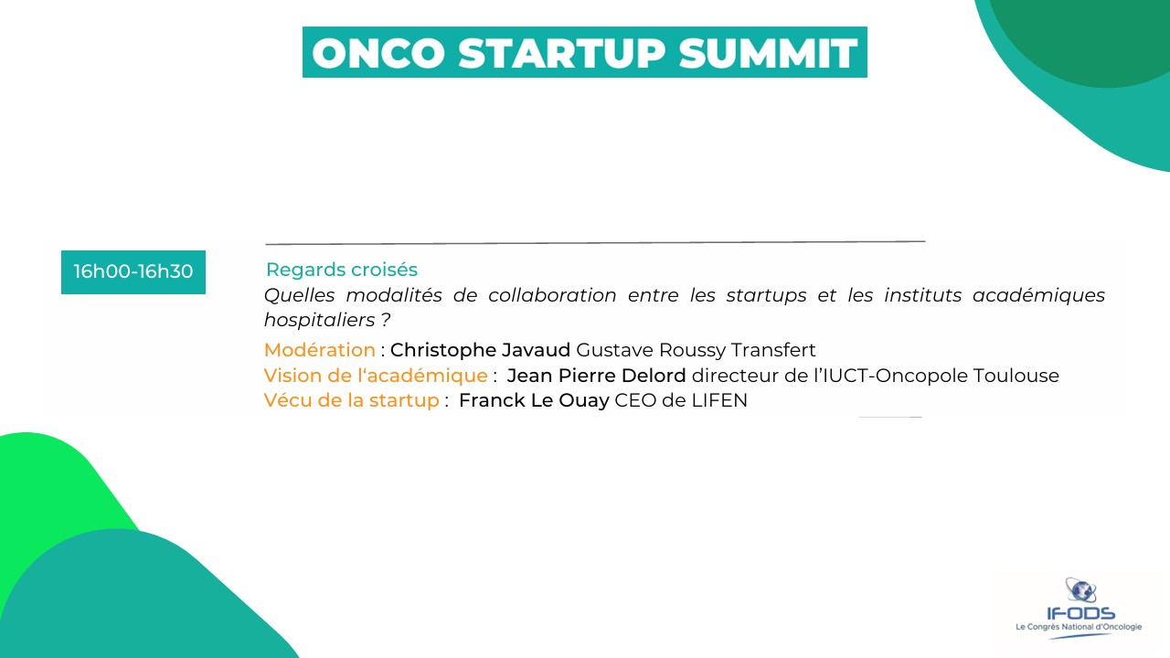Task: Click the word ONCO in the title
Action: [x=378, y=53]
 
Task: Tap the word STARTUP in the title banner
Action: [x=562, y=53]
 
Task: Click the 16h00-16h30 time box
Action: [x=133, y=272]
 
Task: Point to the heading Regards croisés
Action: [x=342, y=270]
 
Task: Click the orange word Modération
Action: [x=320, y=350]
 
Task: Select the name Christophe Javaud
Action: [x=480, y=350]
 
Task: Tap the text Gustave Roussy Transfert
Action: [x=696, y=350]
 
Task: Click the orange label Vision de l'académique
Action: [x=376, y=376]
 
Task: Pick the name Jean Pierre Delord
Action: [x=596, y=376]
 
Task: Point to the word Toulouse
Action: [x=1016, y=376]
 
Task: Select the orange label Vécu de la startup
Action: [x=352, y=400]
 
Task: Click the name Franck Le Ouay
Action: [x=534, y=400]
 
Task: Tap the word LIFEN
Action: [x=719, y=400]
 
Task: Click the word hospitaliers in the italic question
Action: [x=320, y=320]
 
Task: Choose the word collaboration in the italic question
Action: [x=552, y=295]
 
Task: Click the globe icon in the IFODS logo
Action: [x=1080, y=590]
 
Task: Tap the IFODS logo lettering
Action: [x=1080, y=613]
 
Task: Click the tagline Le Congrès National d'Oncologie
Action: [x=1079, y=627]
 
